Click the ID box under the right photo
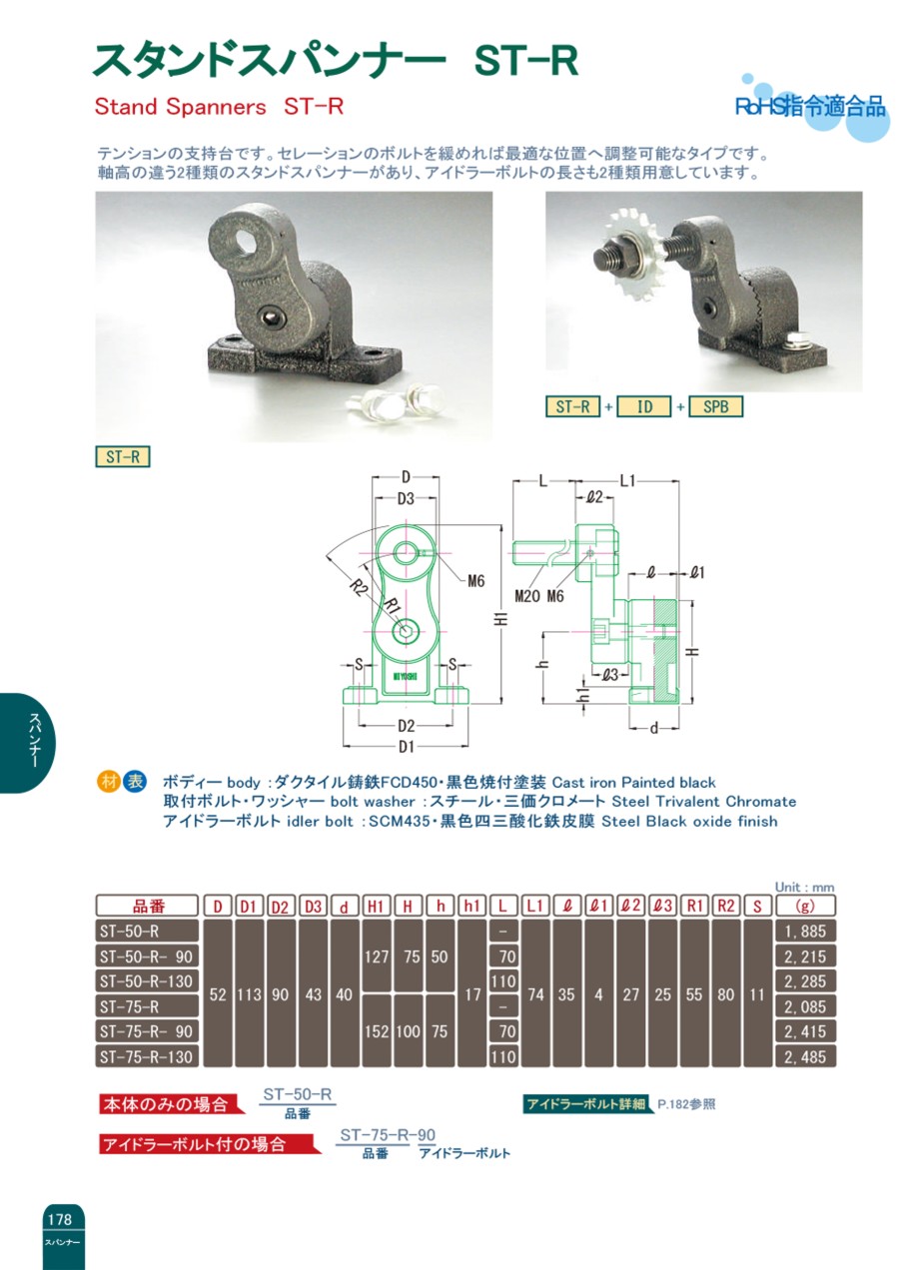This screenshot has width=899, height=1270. (x=644, y=406)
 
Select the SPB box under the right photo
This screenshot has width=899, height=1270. (x=716, y=406)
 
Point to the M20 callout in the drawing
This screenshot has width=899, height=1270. (x=527, y=596)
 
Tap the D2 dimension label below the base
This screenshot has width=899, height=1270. (x=406, y=726)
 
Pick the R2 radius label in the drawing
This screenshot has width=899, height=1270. (x=358, y=588)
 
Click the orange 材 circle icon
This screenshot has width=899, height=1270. (x=108, y=782)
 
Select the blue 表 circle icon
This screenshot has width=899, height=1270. (x=135, y=782)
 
